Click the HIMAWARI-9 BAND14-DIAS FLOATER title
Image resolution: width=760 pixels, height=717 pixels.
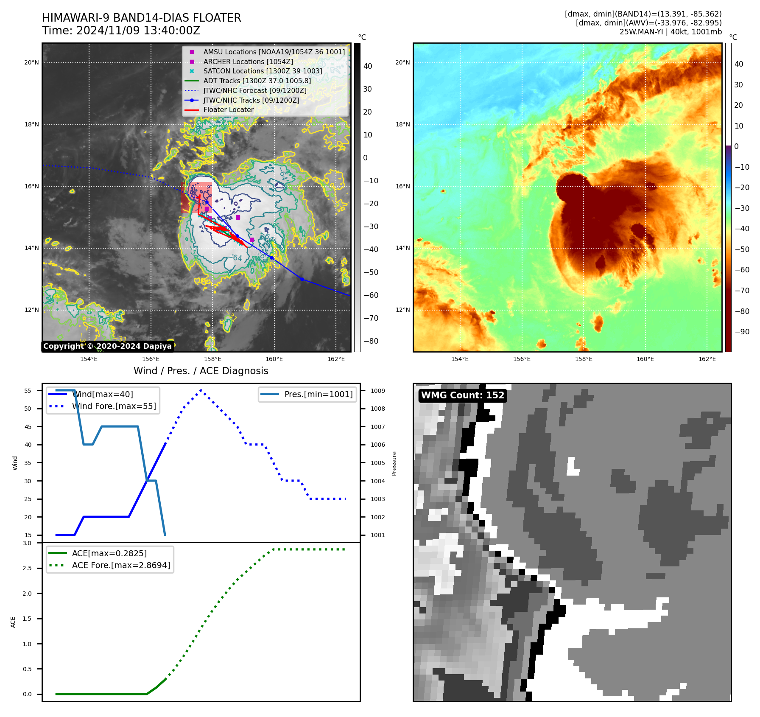click(x=141, y=18)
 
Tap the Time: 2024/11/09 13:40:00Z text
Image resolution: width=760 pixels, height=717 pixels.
click(x=121, y=31)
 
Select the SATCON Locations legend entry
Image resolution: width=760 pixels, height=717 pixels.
click(x=263, y=71)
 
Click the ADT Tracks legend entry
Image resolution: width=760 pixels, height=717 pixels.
click(x=257, y=81)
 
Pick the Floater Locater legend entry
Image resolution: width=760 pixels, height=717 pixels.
click(x=228, y=110)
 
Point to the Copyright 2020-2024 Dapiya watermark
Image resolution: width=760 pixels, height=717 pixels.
click(x=107, y=346)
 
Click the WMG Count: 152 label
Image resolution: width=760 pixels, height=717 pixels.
click(x=462, y=395)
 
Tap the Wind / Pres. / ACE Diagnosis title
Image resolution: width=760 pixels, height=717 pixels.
click(x=201, y=371)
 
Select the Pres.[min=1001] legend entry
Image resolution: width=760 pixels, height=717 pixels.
click(x=318, y=394)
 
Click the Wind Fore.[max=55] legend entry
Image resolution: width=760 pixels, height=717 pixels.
click(x=114, y=406)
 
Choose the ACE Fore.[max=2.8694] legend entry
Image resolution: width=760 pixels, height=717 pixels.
click(x=121, y=565)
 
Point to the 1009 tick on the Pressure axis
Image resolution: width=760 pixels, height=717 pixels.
click(x=377, y=391)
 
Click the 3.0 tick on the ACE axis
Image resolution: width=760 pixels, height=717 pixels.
click(x=27, y=543)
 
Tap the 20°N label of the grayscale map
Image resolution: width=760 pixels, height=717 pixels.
click(x=31, y=63)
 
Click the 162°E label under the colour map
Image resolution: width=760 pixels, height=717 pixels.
click(x=707, y=359)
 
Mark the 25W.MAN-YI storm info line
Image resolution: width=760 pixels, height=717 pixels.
click(x=670, y=32)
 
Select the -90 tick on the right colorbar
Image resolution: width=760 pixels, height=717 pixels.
click(x=742, y=332)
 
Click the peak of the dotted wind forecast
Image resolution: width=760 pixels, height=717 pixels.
click(x=201, y=390)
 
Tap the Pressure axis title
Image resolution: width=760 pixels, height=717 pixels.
click(x=394, y=463)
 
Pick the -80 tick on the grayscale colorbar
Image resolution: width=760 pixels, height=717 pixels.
click(x=371, y=341)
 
